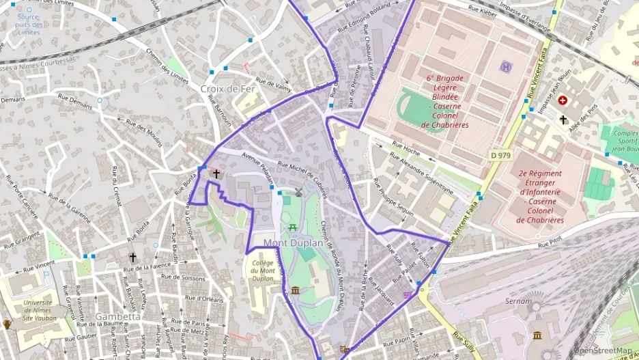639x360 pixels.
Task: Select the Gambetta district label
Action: coord(117,316)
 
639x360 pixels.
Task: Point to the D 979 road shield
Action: coord(500,156)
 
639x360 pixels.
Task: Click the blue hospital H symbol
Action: coord(505,66)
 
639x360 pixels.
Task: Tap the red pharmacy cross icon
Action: coord(563,100)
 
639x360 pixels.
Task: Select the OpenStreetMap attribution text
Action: coord(603,351)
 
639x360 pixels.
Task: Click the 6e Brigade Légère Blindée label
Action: coord(444,101)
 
